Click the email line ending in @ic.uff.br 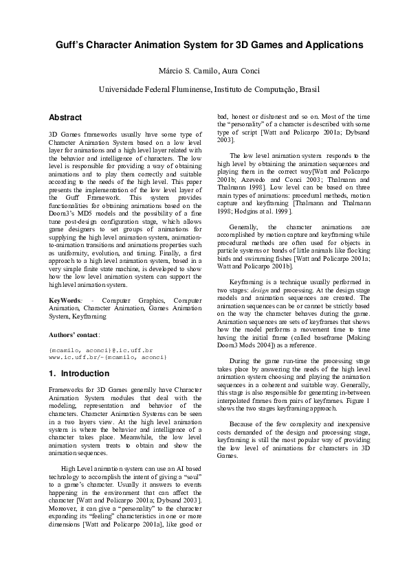click(x=100, y=350)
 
